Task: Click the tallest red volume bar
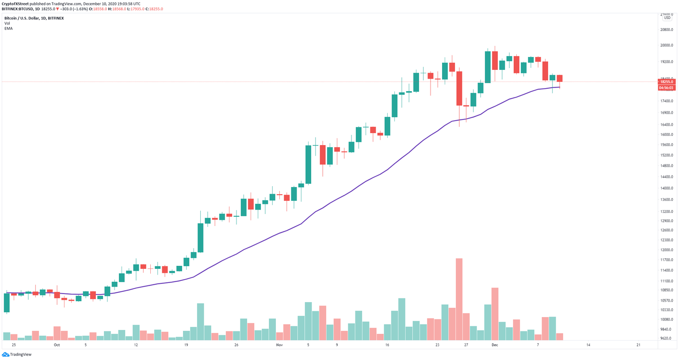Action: click(x=459, y=299)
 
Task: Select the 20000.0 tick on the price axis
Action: click(x=666, y=45)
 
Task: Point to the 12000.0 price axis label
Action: click(x=666, y=250)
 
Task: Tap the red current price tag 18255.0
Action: click(x=666, y=82)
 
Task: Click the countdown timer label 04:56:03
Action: click(x=666, y=88)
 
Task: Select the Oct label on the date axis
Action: click(x=57, y=345)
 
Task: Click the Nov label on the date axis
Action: click(x=279, y=345)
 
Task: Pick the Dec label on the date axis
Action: click(x=495, y=345)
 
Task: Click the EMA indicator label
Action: click(x=8, y=28)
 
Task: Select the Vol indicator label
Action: click(x=7, y=23)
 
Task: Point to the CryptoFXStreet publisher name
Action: click(x=15, y=4)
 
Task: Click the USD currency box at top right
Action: click(x=667, y=18)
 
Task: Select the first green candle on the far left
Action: click(x=7, y=303)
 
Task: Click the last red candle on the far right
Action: click(x=560, y=78)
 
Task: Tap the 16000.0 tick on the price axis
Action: click(x=666, y=134)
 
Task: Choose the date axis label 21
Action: click(x=638, y=345)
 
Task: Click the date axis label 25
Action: click(x=14, y=345)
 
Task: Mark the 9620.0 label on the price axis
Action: click(x=666, y=338)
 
